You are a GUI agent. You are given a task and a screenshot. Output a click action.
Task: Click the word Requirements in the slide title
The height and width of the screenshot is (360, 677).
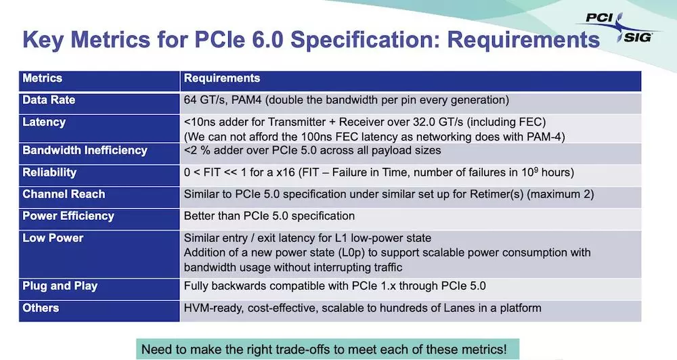click(523, 41)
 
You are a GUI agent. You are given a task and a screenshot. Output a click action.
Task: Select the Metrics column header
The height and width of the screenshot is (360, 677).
click(42, 78)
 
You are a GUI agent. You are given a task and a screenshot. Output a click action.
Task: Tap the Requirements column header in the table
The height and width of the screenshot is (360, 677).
click(222, 78)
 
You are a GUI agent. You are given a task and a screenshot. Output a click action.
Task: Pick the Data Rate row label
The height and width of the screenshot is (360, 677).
click(49, 100)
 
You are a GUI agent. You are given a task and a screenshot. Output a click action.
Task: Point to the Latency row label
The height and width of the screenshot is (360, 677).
click(44, 122)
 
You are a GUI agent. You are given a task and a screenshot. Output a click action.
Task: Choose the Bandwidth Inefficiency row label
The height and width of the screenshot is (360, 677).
click(85, 150)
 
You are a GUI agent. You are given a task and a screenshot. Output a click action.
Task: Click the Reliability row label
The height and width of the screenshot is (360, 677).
click(49, 173)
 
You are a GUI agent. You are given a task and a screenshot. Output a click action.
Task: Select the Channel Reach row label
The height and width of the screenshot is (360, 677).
click(64, 194)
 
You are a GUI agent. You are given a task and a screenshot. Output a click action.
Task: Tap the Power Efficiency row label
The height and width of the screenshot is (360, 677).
click(68, 216)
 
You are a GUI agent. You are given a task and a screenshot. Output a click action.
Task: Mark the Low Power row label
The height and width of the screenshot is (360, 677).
click(53, 238)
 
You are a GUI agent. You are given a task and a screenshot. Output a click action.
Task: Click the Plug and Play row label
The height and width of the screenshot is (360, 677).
click(60, 286)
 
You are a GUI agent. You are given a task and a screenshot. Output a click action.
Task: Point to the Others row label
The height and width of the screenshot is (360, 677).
click(41, 308)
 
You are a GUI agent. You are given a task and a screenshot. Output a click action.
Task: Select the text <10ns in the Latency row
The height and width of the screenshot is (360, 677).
click(197, 122)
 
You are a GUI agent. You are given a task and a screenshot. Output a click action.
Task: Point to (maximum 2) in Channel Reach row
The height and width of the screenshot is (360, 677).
click(561, 194)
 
